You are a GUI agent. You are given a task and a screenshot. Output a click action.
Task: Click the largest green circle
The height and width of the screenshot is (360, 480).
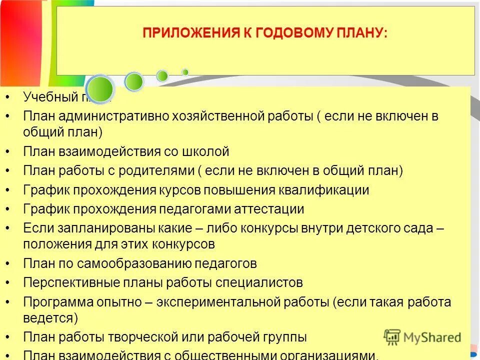[100, 88]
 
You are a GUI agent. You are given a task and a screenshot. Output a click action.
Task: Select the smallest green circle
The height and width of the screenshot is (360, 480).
[185, 72]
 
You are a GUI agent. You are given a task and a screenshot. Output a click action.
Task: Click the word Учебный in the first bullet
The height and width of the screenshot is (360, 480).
[47, 96]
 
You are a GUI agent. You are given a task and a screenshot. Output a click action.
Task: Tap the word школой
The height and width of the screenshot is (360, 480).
[206, 151]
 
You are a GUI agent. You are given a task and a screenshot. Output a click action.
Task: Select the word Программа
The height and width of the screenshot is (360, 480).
[54, 302]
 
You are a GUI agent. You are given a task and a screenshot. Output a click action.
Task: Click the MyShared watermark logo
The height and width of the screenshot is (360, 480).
[422, 337]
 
